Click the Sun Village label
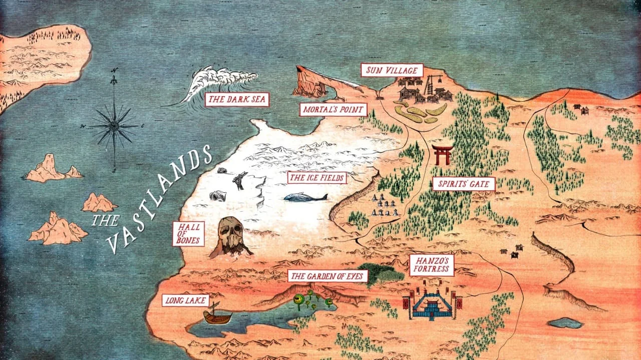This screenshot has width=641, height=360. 392,70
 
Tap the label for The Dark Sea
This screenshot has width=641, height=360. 237,99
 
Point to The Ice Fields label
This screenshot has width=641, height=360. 316,177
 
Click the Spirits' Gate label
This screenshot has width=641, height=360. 464,184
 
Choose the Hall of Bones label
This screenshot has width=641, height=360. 188,234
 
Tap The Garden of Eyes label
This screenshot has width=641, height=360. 328,276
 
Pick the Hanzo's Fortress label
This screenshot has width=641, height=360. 432,265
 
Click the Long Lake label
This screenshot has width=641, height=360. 178,300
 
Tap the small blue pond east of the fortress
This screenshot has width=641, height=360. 565,323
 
